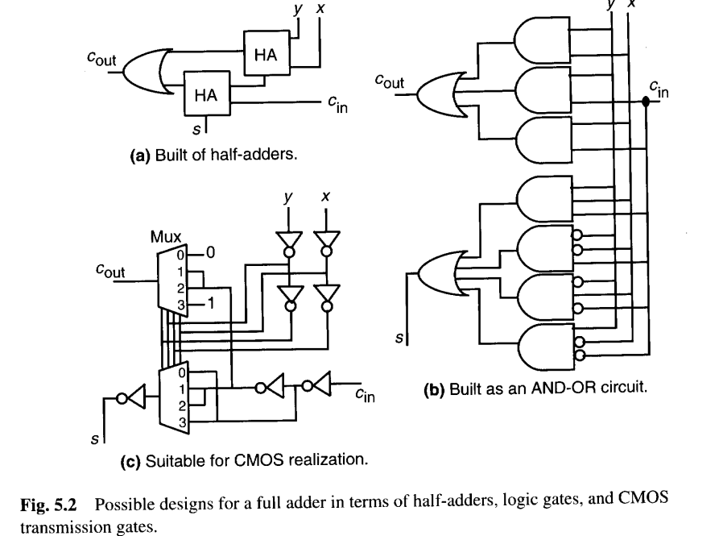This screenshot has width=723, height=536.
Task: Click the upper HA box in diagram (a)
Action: point(265,54)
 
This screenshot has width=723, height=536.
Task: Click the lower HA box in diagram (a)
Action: point(206,94)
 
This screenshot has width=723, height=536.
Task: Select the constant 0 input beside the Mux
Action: point(210,252)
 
